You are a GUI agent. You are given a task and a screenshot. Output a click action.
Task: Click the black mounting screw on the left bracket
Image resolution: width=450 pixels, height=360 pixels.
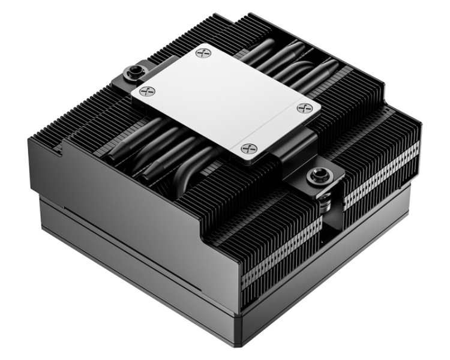(130, 73)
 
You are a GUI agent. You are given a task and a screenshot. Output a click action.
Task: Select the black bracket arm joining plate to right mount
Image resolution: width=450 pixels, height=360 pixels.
(294, 150)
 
